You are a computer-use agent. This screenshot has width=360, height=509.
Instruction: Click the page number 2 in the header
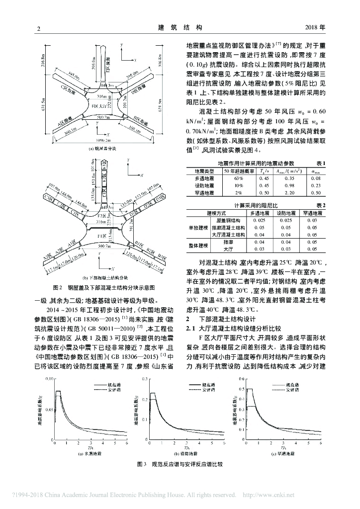click(38, 29)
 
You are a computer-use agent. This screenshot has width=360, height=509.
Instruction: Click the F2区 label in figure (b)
click(102, 216)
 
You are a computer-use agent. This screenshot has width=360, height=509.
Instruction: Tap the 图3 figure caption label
click(141, 463)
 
